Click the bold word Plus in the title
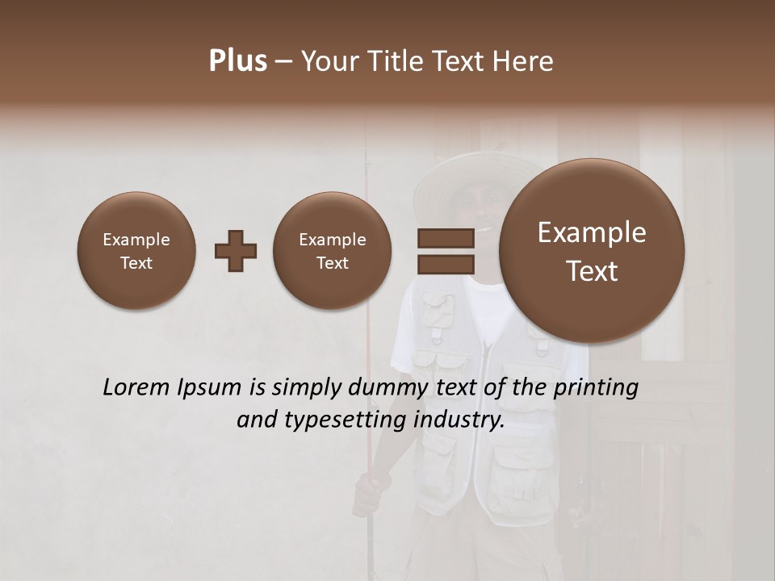coord(237,61)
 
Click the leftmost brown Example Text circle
coord(136,251)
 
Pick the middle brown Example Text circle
coord(332,251)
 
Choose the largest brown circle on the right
coord(592,251)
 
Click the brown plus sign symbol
coord(236,252)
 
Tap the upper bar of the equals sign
coord(445,238)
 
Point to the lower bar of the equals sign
coord(445,264)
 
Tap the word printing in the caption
coord(597,388)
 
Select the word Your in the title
coord(328,61)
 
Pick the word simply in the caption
coord(307,388)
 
